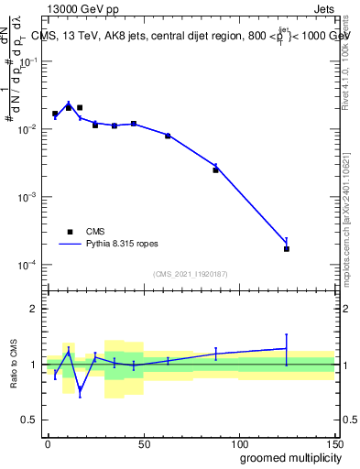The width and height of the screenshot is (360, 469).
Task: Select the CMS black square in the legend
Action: point(68,232)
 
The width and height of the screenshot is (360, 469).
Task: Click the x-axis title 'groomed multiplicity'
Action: point(285,457)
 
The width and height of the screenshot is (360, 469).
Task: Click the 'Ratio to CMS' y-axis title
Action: point(15,364)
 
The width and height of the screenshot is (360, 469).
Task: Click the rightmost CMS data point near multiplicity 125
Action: point(287,248)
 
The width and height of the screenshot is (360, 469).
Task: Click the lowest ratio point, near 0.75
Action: point(81,391)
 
